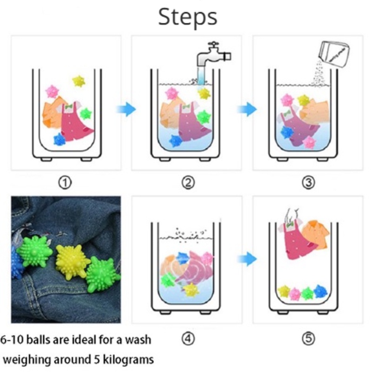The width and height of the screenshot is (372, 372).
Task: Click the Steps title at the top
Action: (x=187, y=17)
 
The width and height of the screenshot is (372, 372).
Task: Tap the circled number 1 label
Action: (x=65, y=183)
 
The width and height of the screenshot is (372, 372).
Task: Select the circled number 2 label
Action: (x=188, y=183)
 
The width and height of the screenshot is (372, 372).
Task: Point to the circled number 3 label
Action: (x=308, y=183)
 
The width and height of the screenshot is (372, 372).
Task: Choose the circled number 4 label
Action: (x=188, y=339)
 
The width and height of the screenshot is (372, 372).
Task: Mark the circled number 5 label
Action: (x=308, y=339)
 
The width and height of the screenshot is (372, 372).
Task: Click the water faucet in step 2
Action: (x=213, y=56)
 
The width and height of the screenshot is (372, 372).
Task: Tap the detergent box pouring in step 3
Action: (x=334, y=54)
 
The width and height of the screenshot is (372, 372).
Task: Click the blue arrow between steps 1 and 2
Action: (x=126, y=109)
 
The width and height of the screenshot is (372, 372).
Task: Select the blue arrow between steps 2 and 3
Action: (x=247, y=109)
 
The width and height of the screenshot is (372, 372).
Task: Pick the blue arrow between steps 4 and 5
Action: (x=247, y=259)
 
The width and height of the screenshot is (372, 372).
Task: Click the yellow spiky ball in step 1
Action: (x=79, y=81)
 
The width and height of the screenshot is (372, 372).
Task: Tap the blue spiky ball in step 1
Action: (x=60, y=139)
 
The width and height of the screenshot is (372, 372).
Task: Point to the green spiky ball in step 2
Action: (x=204, y=117)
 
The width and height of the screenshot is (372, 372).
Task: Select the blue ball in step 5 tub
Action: (x=320, y=292)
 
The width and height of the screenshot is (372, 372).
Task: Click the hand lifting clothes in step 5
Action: (x=292, y=215)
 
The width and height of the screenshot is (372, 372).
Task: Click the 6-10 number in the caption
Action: (x=12, y=340)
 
